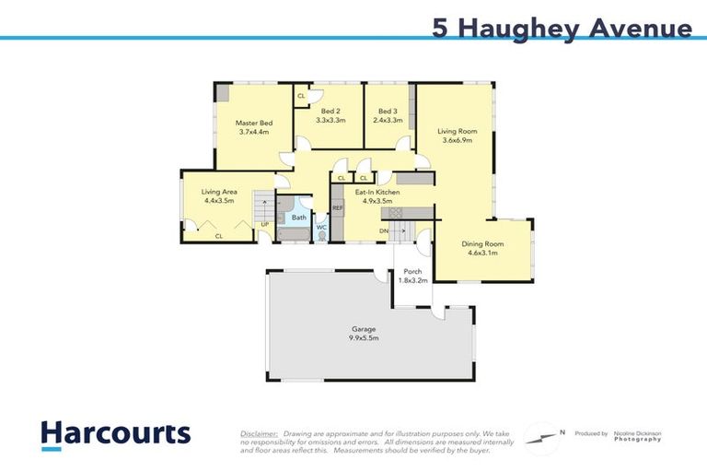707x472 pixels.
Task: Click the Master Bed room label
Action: [x=253, y=123]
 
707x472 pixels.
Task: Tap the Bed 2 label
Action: [x=330, y=111]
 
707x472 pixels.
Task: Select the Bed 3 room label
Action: [x=388, y=111]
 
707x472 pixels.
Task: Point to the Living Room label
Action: [x=457, y=132]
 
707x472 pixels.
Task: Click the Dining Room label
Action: [x=482, y=243]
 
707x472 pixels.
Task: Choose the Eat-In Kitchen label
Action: [x=374, y=192]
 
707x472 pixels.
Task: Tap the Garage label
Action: [x=365, y=329]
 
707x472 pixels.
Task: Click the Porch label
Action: [x=411, y=272]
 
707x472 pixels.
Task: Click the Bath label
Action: [x=299, y=218]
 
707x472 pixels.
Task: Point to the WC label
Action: [x=321, y=227]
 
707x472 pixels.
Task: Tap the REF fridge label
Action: [x=338, y=208]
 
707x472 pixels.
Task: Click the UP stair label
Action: [x=265, y=224]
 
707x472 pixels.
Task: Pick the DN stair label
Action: [x=383, y=230]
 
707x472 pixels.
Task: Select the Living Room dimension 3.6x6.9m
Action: [x=457, y=141]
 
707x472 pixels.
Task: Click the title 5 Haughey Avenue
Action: [x=562, y=29]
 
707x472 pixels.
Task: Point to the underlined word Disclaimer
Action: [x=259, y=432]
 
